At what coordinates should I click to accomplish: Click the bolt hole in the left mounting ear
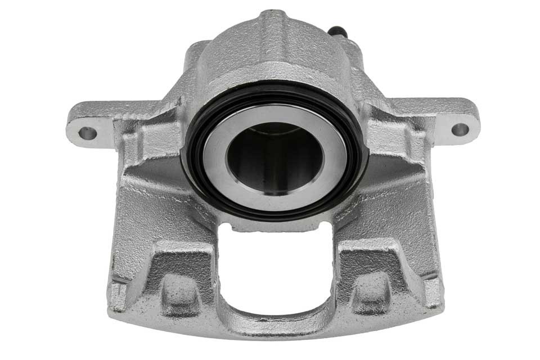pos(87,134)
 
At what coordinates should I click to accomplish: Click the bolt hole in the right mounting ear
pos(460,130)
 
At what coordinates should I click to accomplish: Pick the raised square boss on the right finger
pos(372,287)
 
